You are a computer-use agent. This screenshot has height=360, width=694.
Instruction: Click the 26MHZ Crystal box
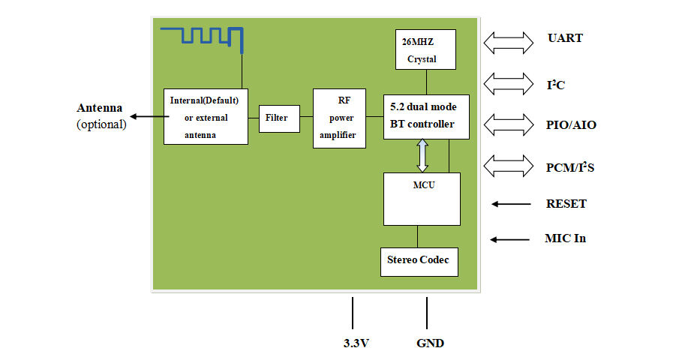click(426, 49)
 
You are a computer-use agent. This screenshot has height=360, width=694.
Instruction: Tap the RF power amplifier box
click(339, 118)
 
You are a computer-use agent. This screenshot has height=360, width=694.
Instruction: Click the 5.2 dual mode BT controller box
click(426, 117)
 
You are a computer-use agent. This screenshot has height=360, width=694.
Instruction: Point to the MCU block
click(422, 199)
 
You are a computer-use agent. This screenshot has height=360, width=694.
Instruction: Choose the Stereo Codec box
click(418, 261)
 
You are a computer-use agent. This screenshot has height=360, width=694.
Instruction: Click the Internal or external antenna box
click(206, 116)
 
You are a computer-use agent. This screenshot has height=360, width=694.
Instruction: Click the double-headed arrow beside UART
click(506, 42)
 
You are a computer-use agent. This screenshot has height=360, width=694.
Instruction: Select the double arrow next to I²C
click(506, 83)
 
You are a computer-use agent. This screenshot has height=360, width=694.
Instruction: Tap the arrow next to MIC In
click(510, 239)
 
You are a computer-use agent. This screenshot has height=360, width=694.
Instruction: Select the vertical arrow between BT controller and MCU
click(423, 155)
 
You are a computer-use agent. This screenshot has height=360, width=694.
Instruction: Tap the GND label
click(430, 343)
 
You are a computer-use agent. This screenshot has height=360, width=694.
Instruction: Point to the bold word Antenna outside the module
click(100, 107)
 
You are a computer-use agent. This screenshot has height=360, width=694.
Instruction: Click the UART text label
click(565, 38)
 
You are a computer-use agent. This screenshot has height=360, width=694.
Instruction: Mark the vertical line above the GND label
click(427, 313)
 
